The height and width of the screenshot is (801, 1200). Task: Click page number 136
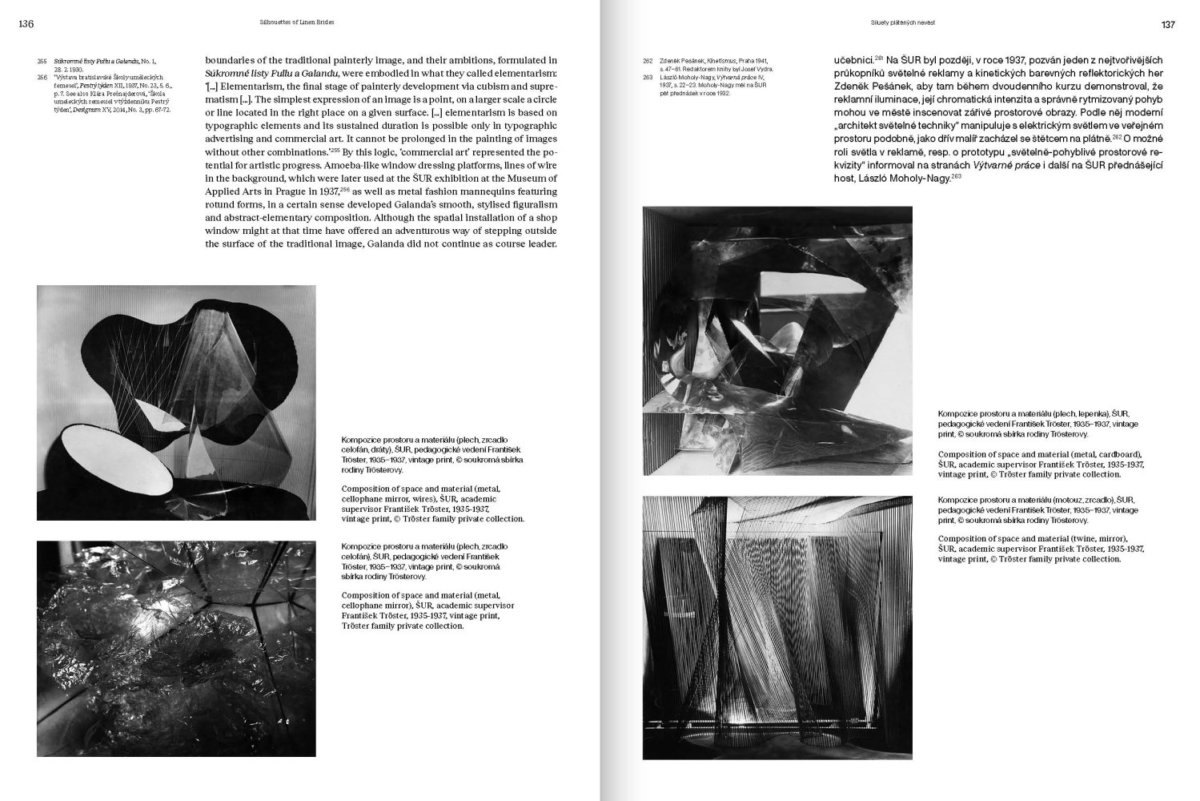tap(26, 24)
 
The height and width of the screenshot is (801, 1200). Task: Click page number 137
tap(1168, 24)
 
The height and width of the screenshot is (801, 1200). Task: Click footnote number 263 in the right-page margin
tap(648, 78)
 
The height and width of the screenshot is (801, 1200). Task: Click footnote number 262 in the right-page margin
tap(648, 61)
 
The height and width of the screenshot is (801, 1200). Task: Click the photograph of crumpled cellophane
tap(176, 648)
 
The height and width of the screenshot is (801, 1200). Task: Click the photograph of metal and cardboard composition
tap(777, 340)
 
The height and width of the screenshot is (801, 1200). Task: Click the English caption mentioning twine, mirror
tap(1041, 549)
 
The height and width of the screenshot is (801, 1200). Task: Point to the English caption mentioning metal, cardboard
tap(1041, 464)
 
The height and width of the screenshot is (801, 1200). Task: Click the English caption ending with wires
tap(432, 503)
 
